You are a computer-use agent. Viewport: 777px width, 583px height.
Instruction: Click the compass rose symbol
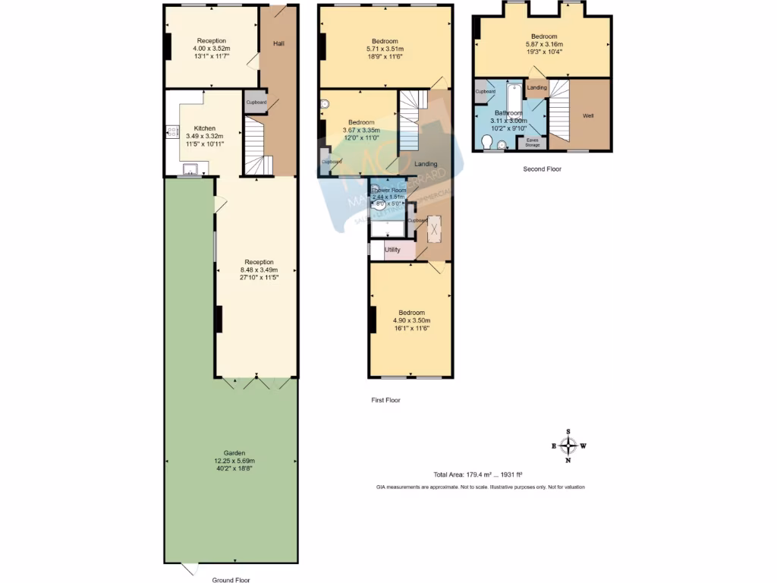point(569,446)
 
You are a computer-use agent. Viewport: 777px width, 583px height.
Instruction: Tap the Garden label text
point(234,453)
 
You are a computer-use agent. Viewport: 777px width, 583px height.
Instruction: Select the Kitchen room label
point(204,128)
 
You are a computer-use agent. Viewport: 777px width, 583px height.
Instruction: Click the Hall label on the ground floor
point(278,43)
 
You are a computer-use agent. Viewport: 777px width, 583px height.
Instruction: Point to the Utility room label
point(392,250)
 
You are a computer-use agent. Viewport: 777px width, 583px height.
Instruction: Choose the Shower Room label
point(388,190)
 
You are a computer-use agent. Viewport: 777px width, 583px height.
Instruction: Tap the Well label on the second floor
point(588,116)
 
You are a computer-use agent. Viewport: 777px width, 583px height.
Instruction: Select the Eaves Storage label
point(533,142)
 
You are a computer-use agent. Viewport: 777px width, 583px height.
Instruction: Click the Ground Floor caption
point(231,580)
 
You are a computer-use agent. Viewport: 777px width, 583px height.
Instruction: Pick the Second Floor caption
point(542,169)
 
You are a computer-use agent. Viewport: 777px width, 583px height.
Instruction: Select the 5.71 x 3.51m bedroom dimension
point(385,49)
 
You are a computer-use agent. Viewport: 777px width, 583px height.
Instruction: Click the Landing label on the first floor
point(425,164)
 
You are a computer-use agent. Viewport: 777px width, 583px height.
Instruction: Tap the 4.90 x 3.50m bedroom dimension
point(411,321)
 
